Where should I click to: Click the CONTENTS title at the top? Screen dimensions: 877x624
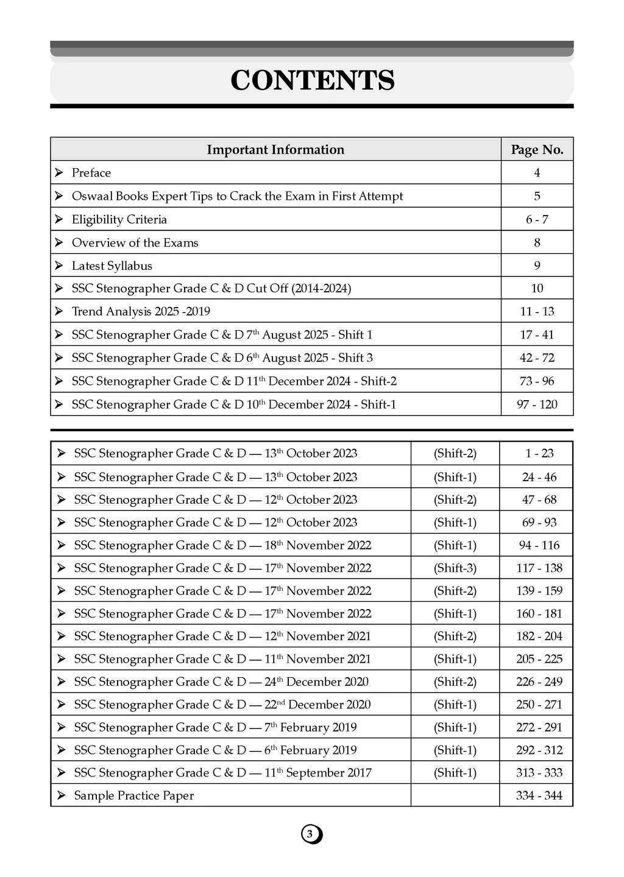click(312, 80)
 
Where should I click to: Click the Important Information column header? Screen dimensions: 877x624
click(275, 150)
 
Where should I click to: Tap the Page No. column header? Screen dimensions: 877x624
click(537, 150)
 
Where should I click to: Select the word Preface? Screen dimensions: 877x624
click(91, 173)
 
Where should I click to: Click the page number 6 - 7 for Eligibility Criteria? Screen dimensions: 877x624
click(537, 219)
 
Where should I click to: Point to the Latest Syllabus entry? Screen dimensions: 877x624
click(112, 266)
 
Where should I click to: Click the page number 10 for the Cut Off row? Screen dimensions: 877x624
click(537, 288)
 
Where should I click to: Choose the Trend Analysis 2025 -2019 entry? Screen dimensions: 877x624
click(141, 311)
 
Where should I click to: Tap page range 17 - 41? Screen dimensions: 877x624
click(537, 334)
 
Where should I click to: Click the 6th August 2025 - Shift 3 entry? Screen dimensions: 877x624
click(222, 357)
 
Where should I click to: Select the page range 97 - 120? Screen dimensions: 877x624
click(537, 404)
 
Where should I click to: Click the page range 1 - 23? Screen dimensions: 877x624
click(539, 453)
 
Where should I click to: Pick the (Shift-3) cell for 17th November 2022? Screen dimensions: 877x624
click(455, 568)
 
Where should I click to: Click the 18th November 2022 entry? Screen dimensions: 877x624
click(222, 545)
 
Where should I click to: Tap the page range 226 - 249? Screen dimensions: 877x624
click(539, 682)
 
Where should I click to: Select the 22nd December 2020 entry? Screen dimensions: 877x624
click(222, 705)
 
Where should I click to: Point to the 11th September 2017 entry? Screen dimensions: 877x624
click(222, 773)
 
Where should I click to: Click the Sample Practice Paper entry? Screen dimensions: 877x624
click(134, 795)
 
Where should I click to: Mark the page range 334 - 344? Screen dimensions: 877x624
click(539, 795)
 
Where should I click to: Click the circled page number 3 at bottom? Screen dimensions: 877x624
click(311, 834)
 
